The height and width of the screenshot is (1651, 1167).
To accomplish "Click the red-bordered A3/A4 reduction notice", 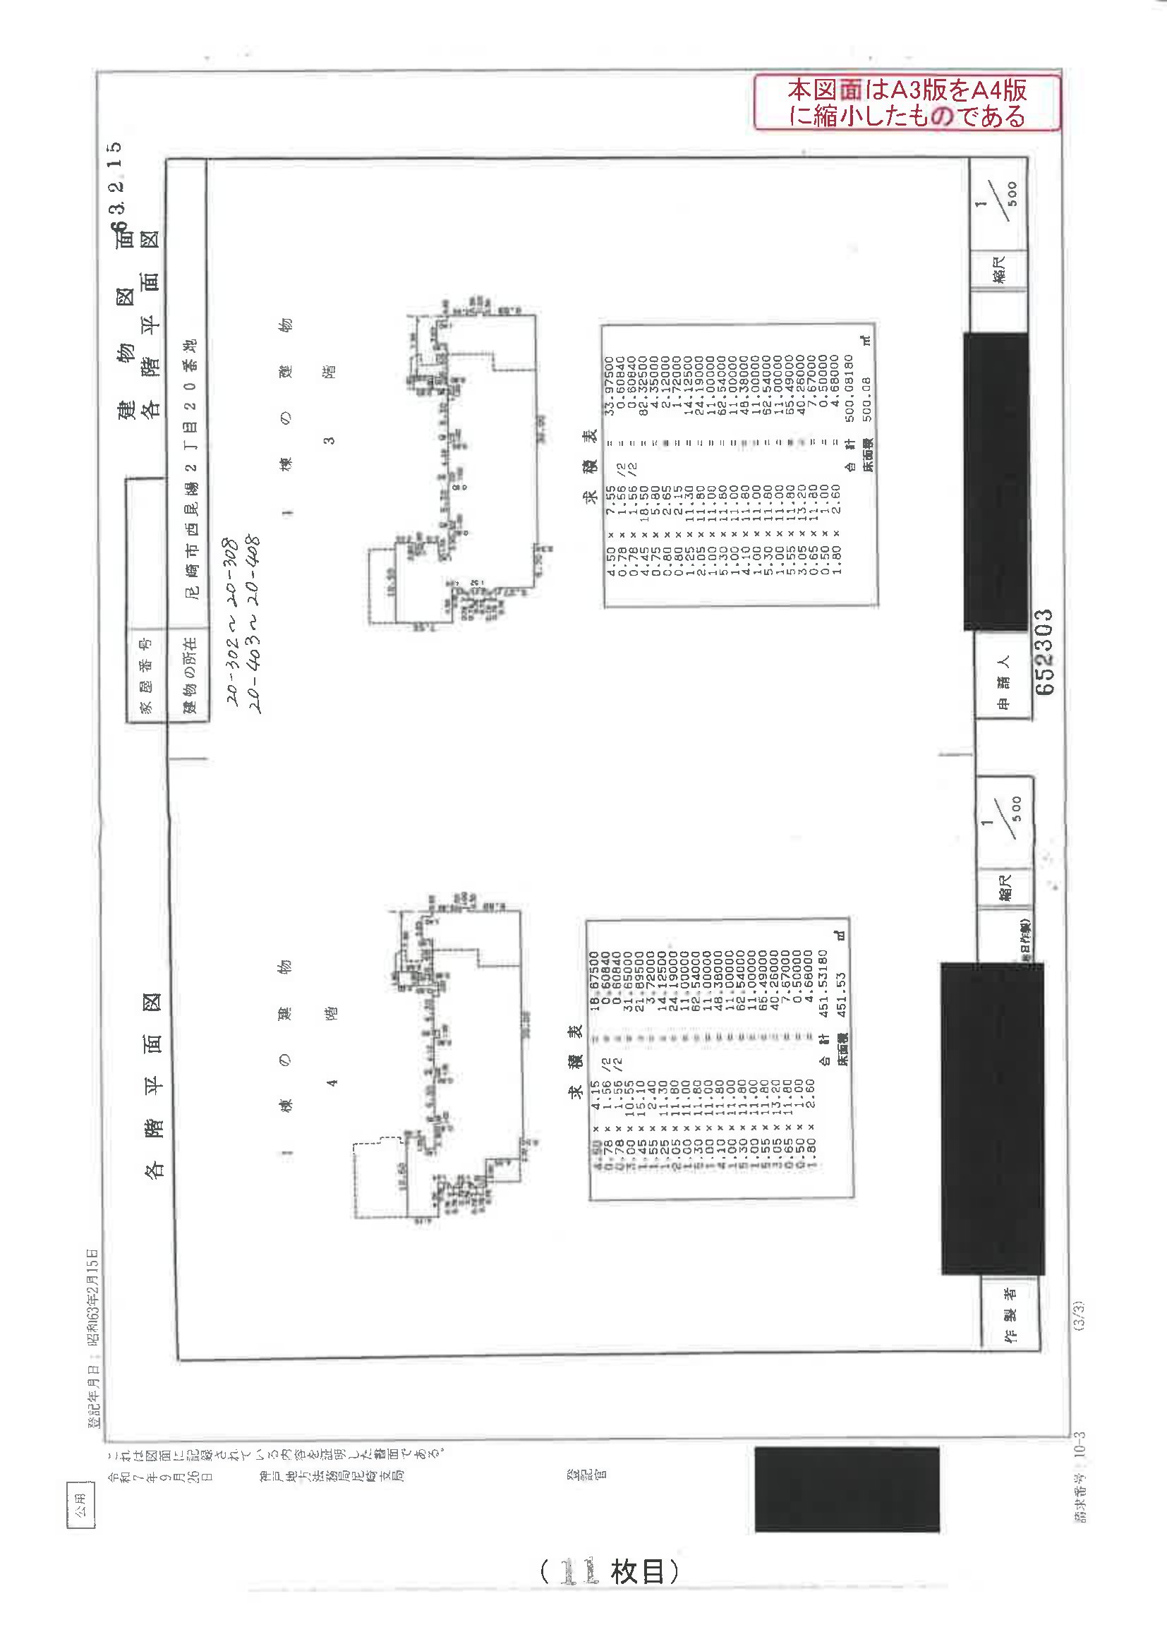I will pyautogui.click(x=907, y=103).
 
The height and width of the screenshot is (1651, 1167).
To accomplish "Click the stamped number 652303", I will pyautogui.click(x=1044, y=651).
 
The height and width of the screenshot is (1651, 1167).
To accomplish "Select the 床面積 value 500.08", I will pyautogui.click(x=867, y=400).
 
